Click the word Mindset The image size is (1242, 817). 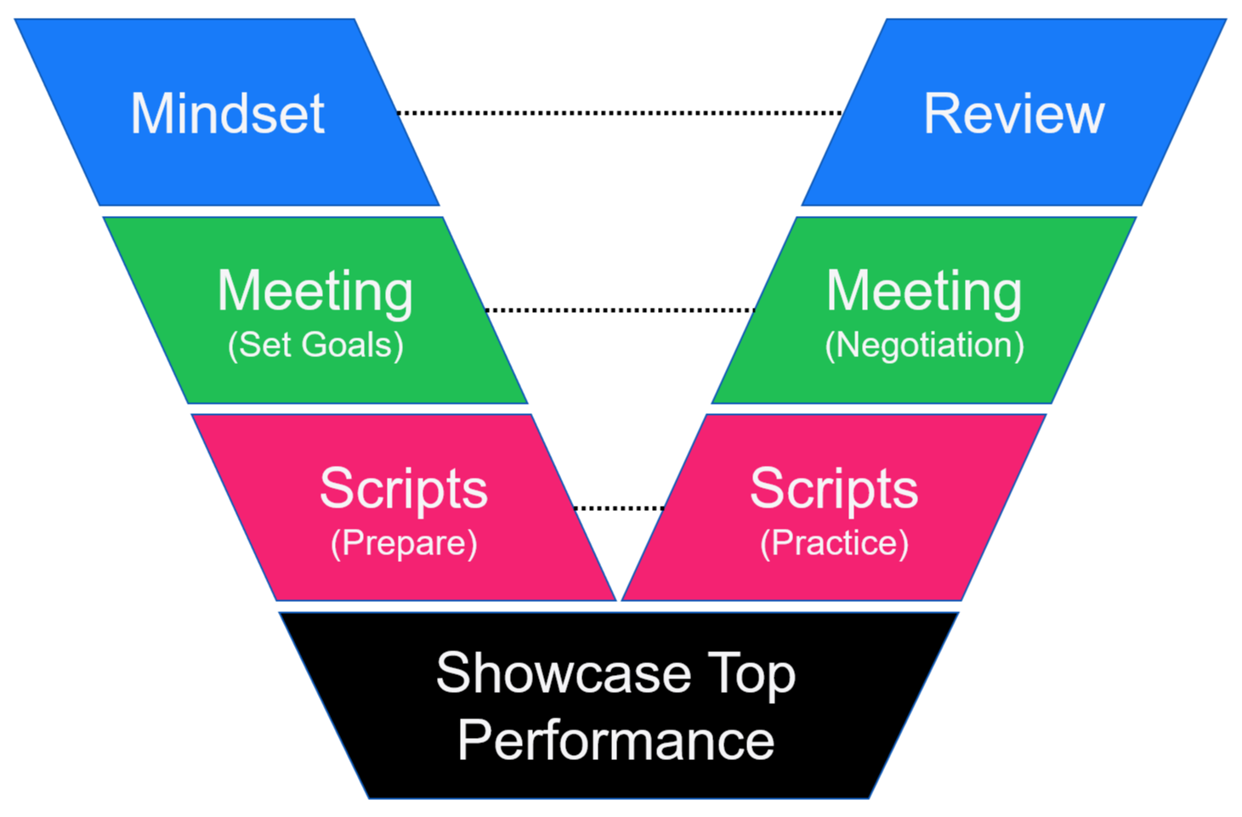[x=227, y=114]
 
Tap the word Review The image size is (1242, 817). [x=1013, y=114]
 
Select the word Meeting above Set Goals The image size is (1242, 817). [x=315, y=292]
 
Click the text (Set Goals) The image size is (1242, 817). [x=315, y=345]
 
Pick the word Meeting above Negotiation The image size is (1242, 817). [x=924, y=292]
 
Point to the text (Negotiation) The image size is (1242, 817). [x=924, y=345]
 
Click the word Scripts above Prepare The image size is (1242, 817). [x=404, y=489]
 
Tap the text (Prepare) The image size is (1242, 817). [x=404, y=543]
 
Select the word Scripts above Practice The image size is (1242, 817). [x=834, y=489]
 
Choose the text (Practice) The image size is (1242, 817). [x=834, y=543]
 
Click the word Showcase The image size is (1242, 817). [x=564, y=673]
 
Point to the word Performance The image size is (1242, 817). [x=616, y=740]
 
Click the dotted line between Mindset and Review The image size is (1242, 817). [x=620, y=112]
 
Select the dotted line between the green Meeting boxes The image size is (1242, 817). [x=620, y=309]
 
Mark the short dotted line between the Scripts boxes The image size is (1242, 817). [x=620, y=508]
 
